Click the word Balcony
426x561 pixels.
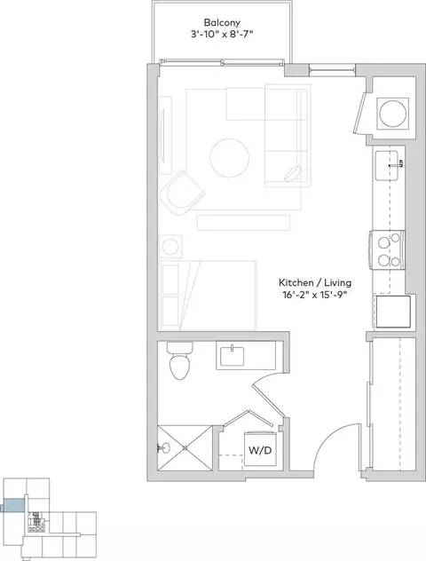[x=222, y=22]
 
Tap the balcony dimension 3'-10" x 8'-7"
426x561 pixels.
[x=222, y=35]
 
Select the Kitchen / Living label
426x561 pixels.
[x=315, y=282]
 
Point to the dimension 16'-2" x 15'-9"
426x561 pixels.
[x=314, y=295]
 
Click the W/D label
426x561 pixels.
[x=260, y=450]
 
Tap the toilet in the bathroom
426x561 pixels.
[x=179, y=360]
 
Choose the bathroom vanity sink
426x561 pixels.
[x=233, y=356]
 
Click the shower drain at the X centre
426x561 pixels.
[x=185, y=448]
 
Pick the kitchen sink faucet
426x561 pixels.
[x=398, y=164]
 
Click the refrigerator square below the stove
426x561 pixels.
[x=393, y=312]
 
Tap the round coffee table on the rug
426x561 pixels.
[x=230, y=159]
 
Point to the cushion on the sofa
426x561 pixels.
[x=294, y=174]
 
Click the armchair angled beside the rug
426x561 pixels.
[x=182, y=193]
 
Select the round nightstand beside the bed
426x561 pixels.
[x=170, y=247]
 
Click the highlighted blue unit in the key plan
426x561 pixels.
[x=13, y=506]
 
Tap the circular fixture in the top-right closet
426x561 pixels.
[x=393, y=114]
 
